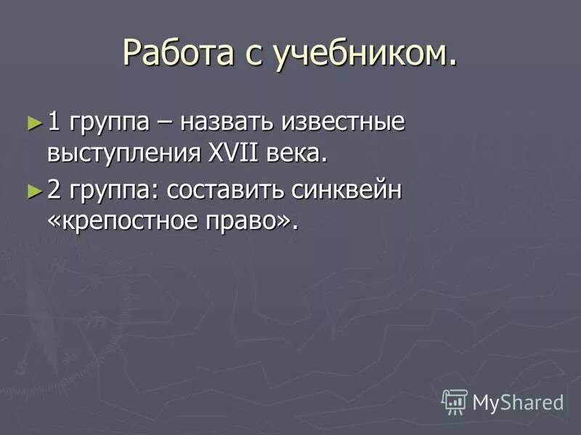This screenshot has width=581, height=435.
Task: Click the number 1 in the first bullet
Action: pyautogui.click(x=54, y=120)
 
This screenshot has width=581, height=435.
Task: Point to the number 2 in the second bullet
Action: pyautogui.click(x=54, y=190)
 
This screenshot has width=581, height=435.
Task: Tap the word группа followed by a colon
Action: pyautogui.click(x=113, y=191)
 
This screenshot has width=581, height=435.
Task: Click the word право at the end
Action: pyautogui.click(x=249, y=222)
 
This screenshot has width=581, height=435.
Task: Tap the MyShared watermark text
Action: pyautogui.click(x=518, y=402)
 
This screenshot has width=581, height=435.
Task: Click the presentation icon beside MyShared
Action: pyautogui.click(x=455, y=401)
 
